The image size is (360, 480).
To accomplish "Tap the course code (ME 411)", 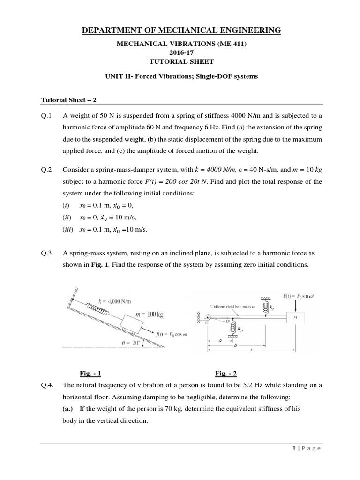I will coord(239,44).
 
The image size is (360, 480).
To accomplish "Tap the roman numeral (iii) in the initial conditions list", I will coord(68,229).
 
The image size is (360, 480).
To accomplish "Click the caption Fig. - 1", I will coord(90,373).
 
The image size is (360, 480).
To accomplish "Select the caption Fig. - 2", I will coord(226,373).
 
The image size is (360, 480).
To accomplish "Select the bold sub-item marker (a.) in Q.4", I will coord(70,408).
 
